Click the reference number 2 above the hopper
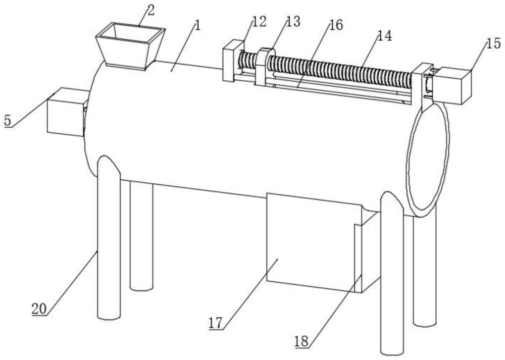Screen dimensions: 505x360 [151, 10]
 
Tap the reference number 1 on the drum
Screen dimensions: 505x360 [198, 25]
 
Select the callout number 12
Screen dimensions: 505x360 [259, 22]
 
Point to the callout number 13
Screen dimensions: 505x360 [293, 22]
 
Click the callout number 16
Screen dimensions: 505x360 [336, 25]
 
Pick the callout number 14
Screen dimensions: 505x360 [384, 36]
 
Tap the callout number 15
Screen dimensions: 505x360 [494, 43]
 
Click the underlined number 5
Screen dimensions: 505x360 [8, 121]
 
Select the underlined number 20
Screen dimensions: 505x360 [39, 309]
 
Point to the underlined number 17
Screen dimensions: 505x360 [216, 323]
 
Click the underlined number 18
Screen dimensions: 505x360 [301, 341]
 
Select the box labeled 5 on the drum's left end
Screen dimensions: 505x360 [67, 112]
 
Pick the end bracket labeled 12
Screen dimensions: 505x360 [233, 61]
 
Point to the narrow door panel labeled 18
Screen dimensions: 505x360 [358, 258]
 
